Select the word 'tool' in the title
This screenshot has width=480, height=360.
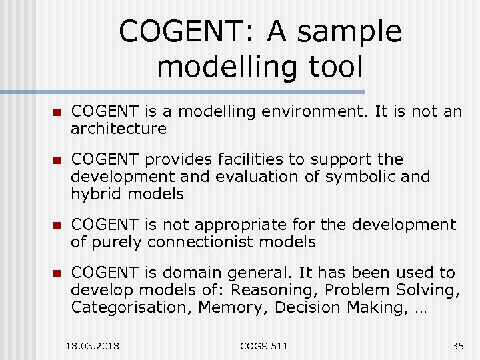pyautogui.click(x=334, y=67)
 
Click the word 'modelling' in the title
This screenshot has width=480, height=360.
pyautogui.click(x=226, y=67)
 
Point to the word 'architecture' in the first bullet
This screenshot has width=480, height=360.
pyautogui.click(x=119, y=128)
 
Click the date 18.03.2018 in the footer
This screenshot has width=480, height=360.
pyautogui.click(x=93, y=346)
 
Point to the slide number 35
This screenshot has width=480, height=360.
pyautogui.click(x=457, y=346)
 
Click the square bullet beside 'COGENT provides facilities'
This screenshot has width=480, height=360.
pyautogui.click(x=57, y=161)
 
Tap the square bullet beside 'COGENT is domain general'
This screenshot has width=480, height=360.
pyautogui.click(x=57, y=273)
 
